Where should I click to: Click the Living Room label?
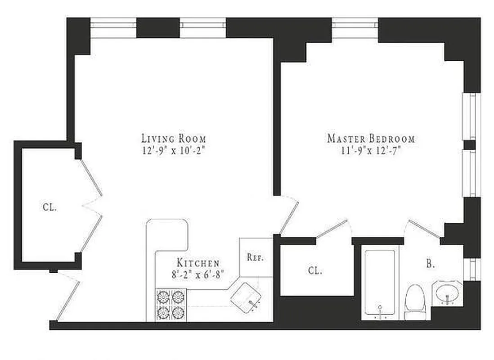click(174, 138)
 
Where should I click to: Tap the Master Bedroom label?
click(371, 139)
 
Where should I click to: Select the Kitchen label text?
click(198, 263)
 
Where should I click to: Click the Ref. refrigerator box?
click(255, 258)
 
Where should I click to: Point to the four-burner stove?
click(171, 304)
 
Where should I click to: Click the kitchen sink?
click(247, 297)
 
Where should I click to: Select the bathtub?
click(380, 283)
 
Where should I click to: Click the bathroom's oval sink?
click(447, 293)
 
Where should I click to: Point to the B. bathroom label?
click(431, 264)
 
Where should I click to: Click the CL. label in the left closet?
click(49, 207)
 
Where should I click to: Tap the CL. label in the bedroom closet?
click(315, 271)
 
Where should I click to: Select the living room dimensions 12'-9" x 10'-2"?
click(174, 151)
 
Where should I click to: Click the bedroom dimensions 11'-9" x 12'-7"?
click(371, 151)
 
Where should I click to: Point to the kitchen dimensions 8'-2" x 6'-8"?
click(198, 273)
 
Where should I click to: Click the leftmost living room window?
click(113, 28)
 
